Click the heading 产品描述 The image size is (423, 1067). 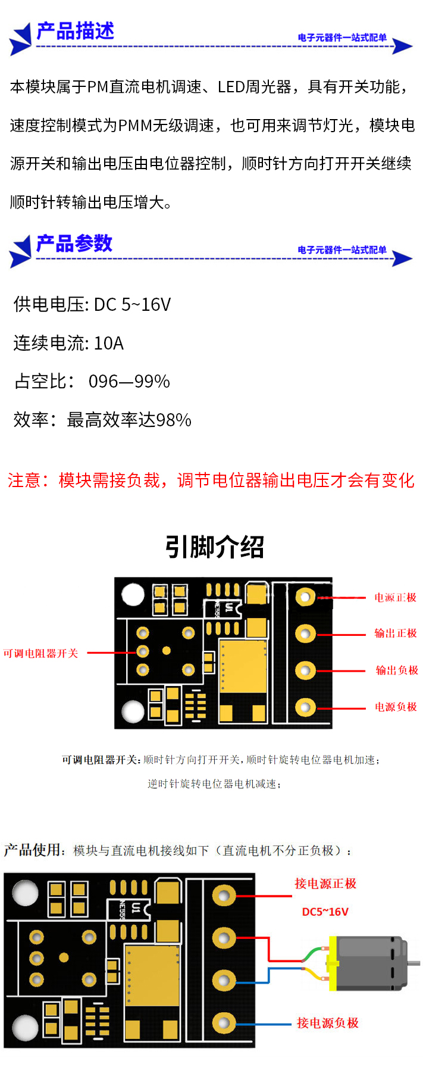click(x=75, y=30)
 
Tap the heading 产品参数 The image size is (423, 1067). click(x=74, y=243)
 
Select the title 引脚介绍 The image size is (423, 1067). click(x=214, y=547)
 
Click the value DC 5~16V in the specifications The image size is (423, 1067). click(x=132, y=305)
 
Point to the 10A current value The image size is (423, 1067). click(x=108, y=344)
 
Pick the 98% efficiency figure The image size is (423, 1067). click(x=174, y=420)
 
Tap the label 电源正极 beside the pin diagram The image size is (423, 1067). click(x=395, y=597)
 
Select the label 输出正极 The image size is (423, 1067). click(x=395, y=634)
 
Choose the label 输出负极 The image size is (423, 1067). click(x=396, y=670)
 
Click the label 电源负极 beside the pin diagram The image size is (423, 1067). click(x=395, y=707)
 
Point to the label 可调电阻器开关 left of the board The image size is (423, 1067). click(x=40, y=653)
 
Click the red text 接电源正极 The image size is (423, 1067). click(x=325, y=884)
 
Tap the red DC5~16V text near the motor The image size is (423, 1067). click(x=325, y=912)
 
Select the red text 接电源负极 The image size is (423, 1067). click(x=327, y=1023)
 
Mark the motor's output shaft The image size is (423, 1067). click(x=414, y=962)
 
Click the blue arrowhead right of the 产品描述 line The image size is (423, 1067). click(x=403, y=46)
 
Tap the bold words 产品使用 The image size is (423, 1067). click(x=32, y=850)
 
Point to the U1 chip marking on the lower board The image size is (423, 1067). click(x=136, y=907)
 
